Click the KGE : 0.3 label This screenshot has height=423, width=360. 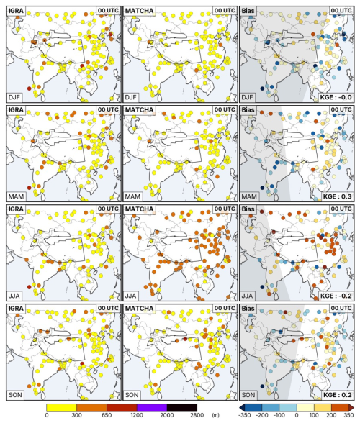337,196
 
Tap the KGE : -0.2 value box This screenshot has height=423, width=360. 336,296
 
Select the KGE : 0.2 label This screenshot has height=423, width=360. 337,395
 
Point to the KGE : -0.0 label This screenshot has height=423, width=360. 336,97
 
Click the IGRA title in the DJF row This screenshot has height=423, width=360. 16,11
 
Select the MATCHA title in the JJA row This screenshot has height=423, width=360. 139,209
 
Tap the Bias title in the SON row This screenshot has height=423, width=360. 248,309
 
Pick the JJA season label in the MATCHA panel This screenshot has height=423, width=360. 131,296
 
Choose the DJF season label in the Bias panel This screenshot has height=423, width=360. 248,97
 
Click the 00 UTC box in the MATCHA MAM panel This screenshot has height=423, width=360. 225,109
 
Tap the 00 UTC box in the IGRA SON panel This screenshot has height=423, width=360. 108,308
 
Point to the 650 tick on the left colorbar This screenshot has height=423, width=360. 107,415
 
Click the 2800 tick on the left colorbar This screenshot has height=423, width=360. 197,415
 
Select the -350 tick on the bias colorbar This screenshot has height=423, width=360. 244,415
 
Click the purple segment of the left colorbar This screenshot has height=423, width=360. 152,407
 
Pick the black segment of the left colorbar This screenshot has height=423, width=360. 182,407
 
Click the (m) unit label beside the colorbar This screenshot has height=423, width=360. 215,415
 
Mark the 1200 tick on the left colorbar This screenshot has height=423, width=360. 137,415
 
